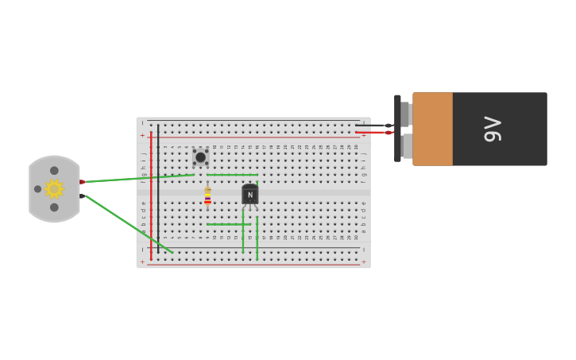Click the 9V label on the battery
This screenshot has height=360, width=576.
click(x=493, y=129)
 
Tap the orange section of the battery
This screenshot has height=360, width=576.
click(x=433, y=129)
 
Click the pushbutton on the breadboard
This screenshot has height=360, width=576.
click(x=200, y=157)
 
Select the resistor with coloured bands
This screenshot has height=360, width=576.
click(x=207, y=195)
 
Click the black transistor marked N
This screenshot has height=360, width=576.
click(x=249, y=195)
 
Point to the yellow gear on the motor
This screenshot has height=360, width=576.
click(x=54, y=189)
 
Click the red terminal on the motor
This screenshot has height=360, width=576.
click(x=82, y=182)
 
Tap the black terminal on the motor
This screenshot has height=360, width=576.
click(x=82, y=195)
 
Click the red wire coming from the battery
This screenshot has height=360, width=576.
click(x=372, y=132)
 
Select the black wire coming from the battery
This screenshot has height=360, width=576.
click(x=372, y=126)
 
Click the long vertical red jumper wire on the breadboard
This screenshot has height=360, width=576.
click(x=151, y=195)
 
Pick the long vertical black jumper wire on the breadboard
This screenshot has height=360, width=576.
click(x=158, y=187)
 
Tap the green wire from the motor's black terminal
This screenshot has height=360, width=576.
click(x=127, y=224)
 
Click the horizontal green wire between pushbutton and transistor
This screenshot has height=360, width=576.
click(x=232, y=175)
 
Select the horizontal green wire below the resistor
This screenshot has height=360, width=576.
click(x=229, y=224)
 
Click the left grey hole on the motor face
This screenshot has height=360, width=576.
click(x=37, y=189)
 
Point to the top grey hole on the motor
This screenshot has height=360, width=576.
click(x=54, y=171)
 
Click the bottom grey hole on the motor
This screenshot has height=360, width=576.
click(x=54, y=207)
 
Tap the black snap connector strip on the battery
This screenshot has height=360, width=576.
click(x=397, y=129)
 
